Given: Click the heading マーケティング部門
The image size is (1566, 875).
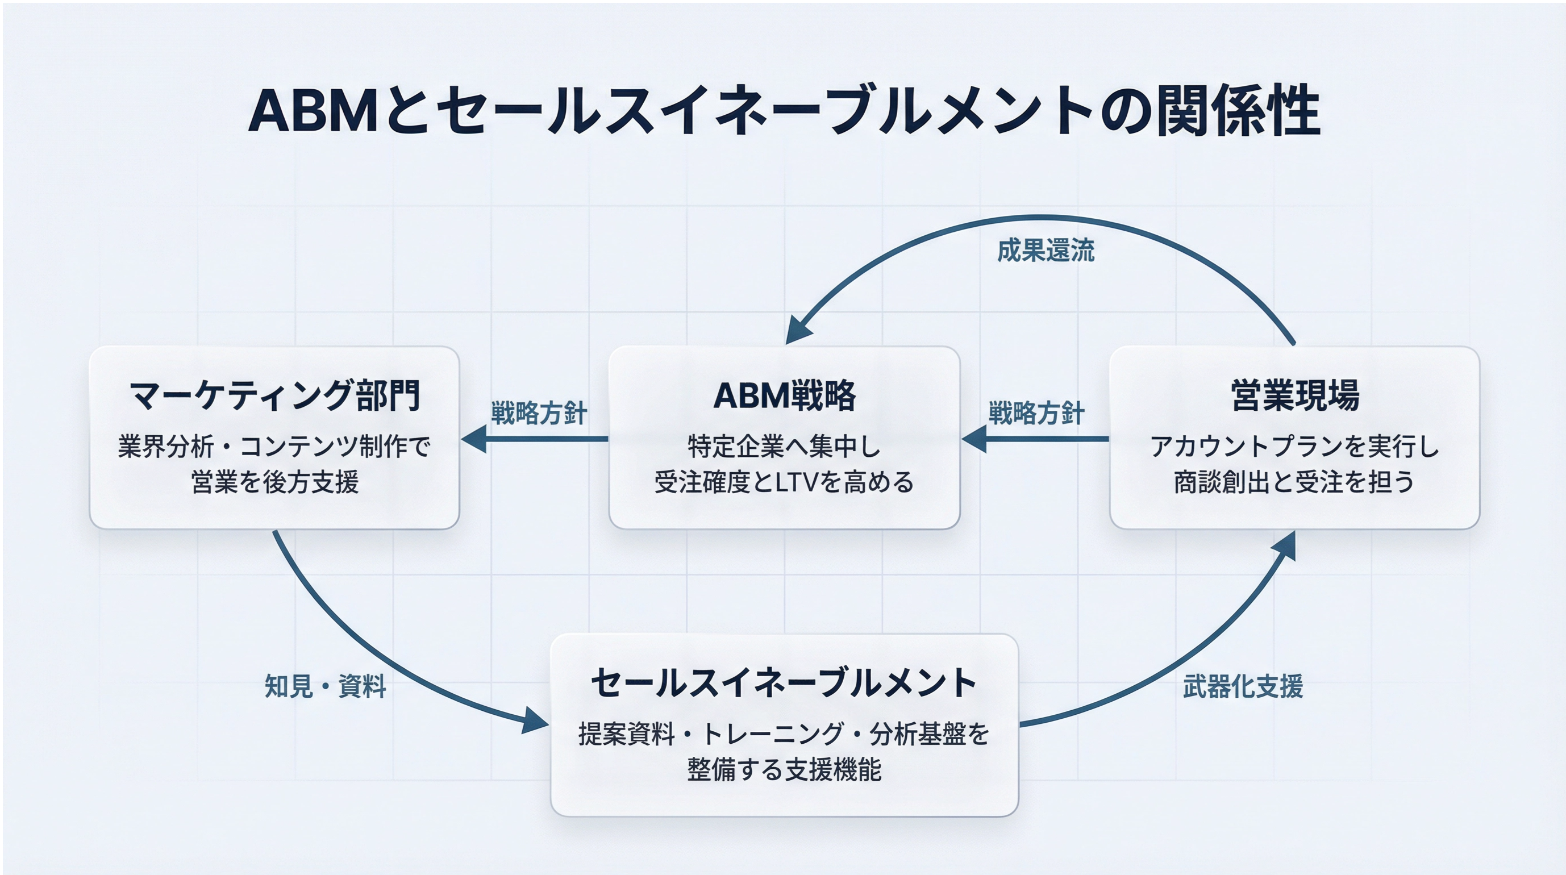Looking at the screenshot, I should point(274,396).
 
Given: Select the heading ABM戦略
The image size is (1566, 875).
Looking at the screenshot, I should point(784,396).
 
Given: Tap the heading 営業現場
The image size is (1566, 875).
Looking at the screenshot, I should point(1294,396).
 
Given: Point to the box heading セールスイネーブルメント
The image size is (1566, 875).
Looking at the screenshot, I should point(784,683).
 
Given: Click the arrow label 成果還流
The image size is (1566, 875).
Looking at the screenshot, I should point(1046,251).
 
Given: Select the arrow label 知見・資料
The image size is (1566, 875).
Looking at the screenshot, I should point(325,687).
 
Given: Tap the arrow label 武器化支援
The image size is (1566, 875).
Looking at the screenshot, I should point(1243,687).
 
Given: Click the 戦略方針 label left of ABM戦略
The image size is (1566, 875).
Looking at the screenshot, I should point(539,414).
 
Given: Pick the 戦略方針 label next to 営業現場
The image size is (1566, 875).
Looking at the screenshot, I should point(1036,414).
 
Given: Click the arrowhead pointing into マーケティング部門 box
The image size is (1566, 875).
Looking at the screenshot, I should point(474,439).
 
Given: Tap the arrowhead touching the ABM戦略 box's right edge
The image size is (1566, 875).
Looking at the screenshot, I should point(974,439).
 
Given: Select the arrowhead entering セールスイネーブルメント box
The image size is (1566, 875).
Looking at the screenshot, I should point(535,721).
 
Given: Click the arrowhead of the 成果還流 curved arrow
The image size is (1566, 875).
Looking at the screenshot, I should point(798,331).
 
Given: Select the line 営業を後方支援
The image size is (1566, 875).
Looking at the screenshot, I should point(274,482).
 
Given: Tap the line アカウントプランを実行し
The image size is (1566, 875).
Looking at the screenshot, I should point(1294,447).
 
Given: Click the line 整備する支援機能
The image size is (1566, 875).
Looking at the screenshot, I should point(784,770).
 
